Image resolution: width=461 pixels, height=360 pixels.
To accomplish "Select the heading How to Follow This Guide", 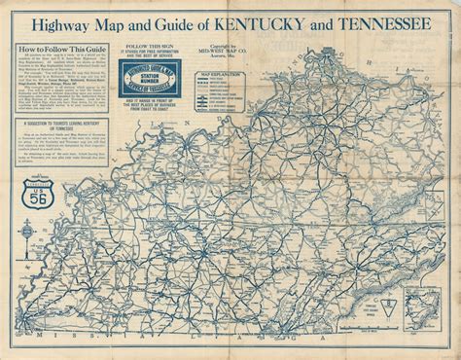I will pos(59,47).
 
